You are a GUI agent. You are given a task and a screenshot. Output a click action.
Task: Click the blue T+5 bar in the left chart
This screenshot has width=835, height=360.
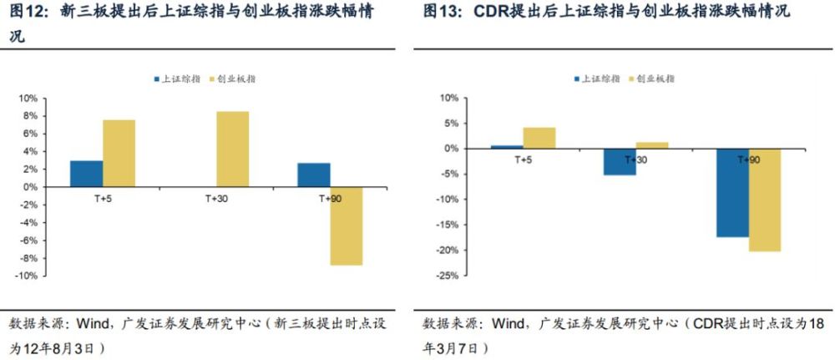pyautogui.click(x=86, y=174)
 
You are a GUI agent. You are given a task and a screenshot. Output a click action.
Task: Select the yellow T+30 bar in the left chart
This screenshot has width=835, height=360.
pyautogui.click(x=233, y=149)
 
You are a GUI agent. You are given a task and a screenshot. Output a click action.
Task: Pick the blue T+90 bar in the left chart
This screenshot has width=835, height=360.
pyautogui.click(x=313, y=175)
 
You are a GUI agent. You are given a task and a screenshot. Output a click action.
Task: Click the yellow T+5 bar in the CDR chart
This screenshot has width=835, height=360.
pyautogui.click(x=539, y=138)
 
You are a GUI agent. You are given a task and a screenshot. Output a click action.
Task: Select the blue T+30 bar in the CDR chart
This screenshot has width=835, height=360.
pyautogui.click(x=620, y=162)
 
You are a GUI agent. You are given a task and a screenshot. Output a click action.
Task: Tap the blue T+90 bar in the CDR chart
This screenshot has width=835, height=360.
pyautogui.click(x=732, y=192)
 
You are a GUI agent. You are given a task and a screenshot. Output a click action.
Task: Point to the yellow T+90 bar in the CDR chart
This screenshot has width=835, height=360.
pyautogui.click(x=765, y=200)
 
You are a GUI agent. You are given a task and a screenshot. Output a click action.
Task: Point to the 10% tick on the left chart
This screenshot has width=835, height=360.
pyautogui.click(x=28, y=97)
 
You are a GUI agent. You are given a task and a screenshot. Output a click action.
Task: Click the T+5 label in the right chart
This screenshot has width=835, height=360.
pyautogui.click(x=524, y=159)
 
